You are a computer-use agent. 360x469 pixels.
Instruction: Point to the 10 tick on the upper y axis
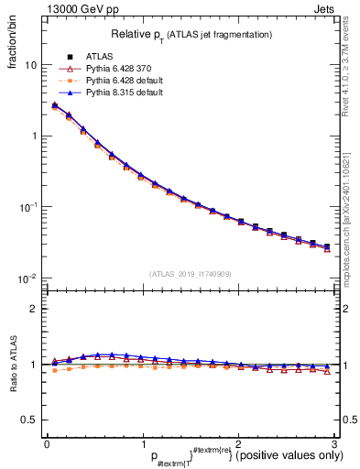click(31, 66)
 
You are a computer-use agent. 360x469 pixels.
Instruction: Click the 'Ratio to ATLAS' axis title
click(13, 364)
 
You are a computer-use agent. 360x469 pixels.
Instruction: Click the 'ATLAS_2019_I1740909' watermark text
click(191, 273)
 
